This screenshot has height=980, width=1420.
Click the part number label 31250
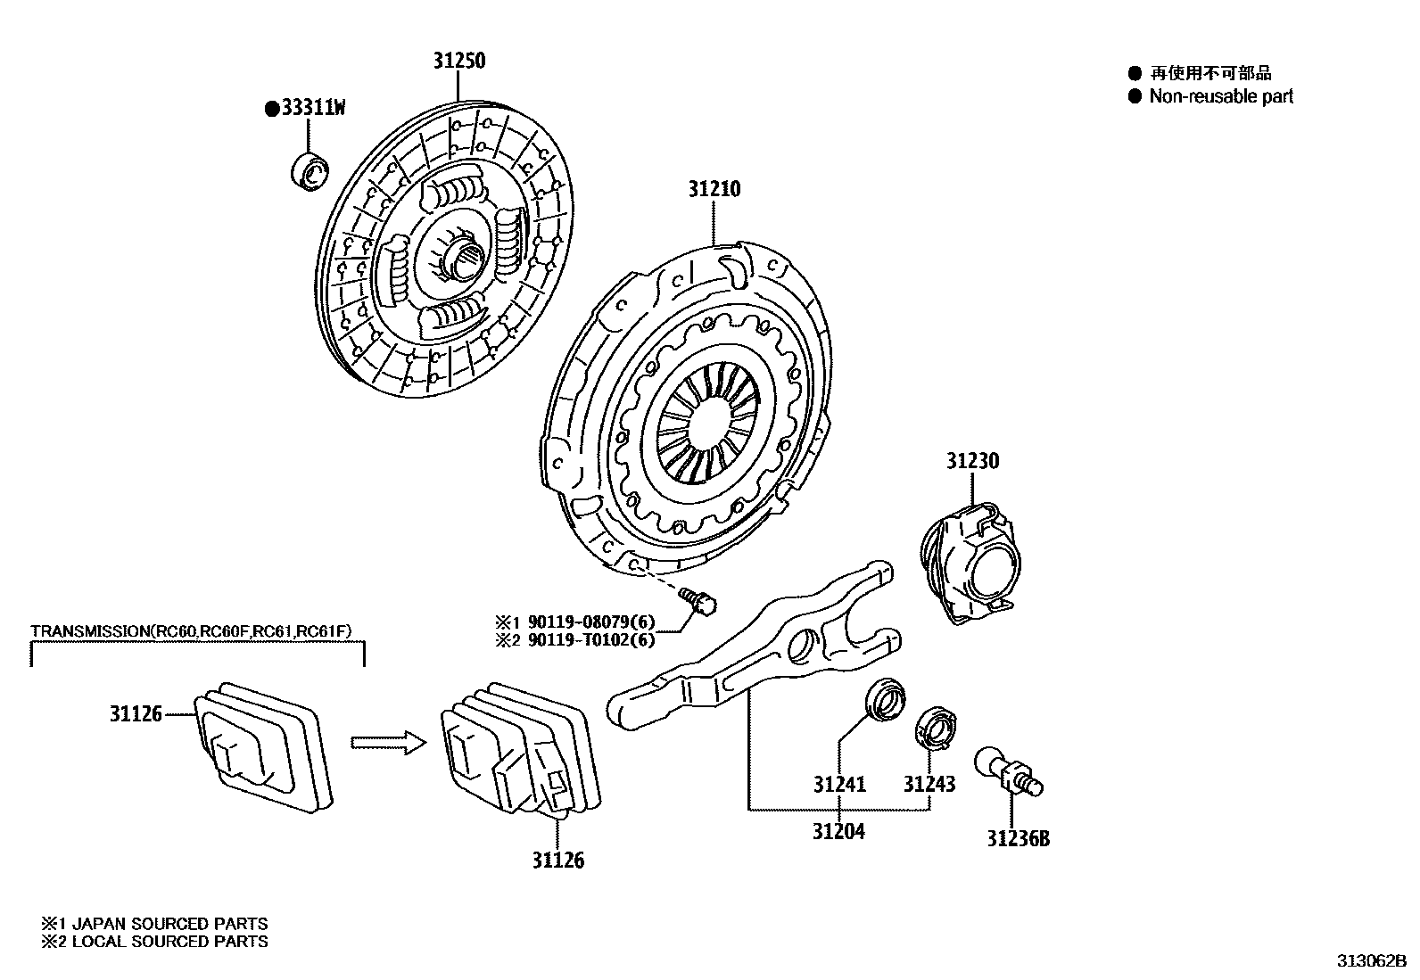point(459,61)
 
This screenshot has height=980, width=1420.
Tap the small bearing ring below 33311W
point(310,171)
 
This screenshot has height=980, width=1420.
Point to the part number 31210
point(714,189)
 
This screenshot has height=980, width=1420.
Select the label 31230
point(972,461)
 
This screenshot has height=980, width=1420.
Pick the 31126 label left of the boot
point(136,713)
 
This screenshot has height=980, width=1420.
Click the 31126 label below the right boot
point(558,860)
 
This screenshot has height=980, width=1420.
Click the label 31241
point(839,784)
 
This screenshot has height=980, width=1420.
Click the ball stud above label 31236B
point(1011,770)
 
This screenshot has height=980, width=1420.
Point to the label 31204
point(838,831)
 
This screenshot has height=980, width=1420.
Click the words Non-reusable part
point(1220,96)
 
